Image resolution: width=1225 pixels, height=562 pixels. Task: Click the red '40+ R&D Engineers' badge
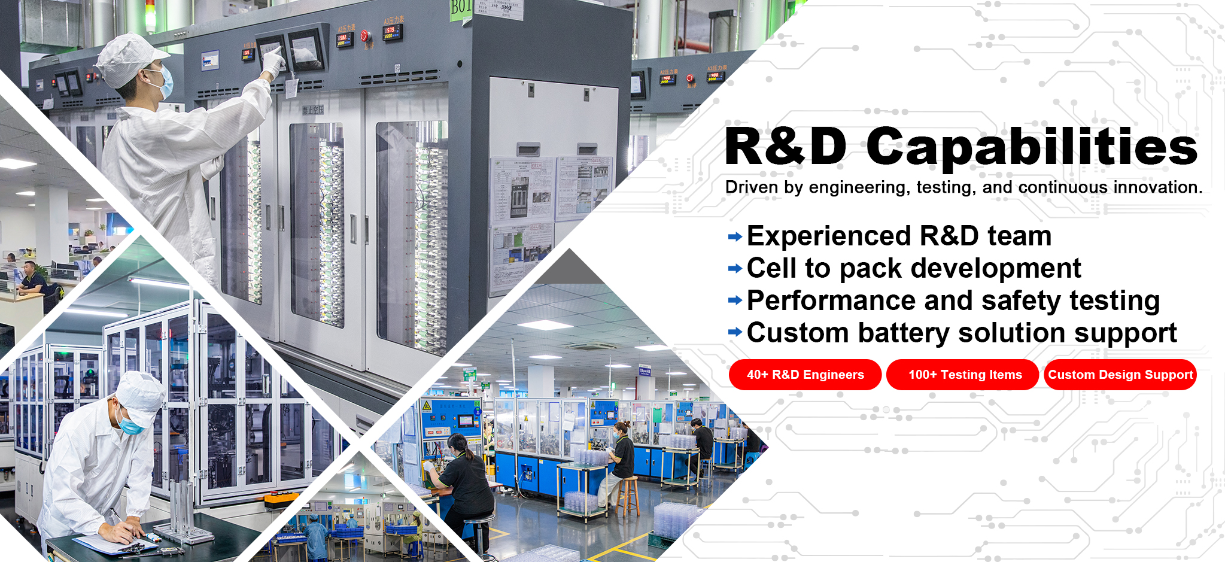coord(805,375)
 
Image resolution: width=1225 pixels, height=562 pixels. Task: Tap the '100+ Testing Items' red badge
coord(962,375)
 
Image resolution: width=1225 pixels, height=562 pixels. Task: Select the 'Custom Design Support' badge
coord(1120,375)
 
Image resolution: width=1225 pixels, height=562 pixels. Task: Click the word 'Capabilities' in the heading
coord(1032,147)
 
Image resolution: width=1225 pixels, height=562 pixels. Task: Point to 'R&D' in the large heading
coord(786,146)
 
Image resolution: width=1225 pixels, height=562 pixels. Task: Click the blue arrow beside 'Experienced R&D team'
coord(735,237)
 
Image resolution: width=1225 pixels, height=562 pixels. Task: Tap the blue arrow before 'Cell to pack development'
coord(735,269)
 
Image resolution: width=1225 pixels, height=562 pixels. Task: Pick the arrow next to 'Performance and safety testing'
coord(735,300)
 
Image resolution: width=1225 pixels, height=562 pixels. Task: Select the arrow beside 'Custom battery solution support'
coord(735,332)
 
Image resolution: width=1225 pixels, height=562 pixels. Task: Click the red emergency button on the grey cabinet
coord(366,37)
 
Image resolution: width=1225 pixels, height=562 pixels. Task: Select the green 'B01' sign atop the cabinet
coord(461,8)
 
